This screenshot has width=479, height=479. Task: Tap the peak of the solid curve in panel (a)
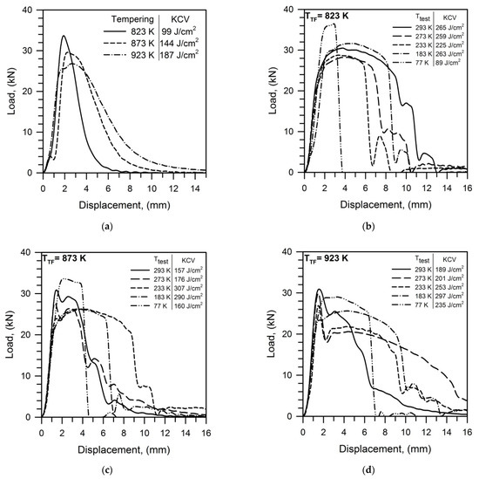64,37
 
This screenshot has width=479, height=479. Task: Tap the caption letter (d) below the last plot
367,470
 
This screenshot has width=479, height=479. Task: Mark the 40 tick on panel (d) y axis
292,251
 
